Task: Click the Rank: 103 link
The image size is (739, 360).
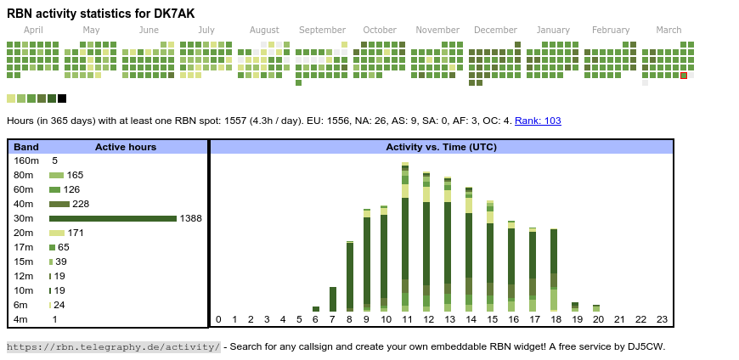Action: pos(538,121)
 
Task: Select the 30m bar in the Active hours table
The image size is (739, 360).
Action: pos(113,218)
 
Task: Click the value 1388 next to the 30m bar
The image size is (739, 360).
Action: pos(190,218)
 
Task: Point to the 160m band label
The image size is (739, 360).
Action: pos(26,160)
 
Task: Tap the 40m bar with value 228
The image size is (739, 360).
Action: pos(59,204)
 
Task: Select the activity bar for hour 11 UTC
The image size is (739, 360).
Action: pos(405,238)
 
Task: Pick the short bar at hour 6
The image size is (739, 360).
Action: pos(316,309)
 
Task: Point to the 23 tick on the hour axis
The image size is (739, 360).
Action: pos(663,319)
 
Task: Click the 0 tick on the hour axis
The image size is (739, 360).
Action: pos(218,319)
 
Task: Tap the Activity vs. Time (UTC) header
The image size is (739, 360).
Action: pos(441,147)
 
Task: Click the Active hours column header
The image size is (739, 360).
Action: pos(126,147)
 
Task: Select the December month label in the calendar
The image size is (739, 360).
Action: pos(495,30)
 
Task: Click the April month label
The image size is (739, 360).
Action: pos(33,30)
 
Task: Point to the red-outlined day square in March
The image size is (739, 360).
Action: pos(684,76)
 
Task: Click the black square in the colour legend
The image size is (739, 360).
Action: pos(62,98)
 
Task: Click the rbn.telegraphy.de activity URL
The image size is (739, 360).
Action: pos(113,346)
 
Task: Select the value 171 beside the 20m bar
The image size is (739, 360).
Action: pos(76,233)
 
